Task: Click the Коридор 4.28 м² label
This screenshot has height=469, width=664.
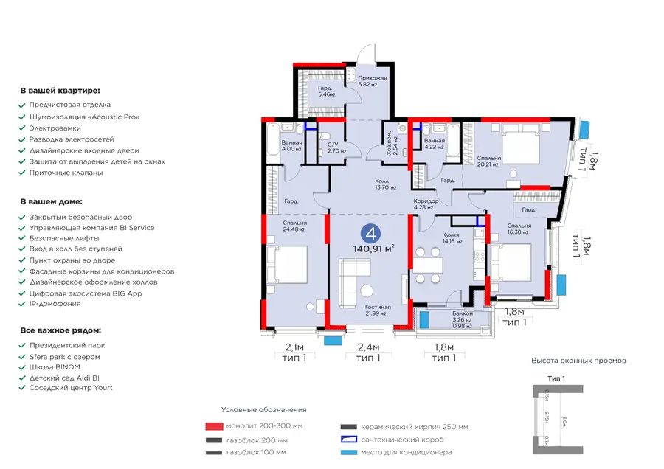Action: tap(426, 204)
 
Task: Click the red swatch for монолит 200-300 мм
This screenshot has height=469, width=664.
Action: tap(214, 426)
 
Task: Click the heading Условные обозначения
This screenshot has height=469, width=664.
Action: tap(263, 409)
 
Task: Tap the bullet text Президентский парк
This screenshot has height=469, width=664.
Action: tap(67, 345)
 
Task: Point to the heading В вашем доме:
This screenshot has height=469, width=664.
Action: tap(52, 201)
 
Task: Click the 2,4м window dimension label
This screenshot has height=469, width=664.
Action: tap(368, 347)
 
